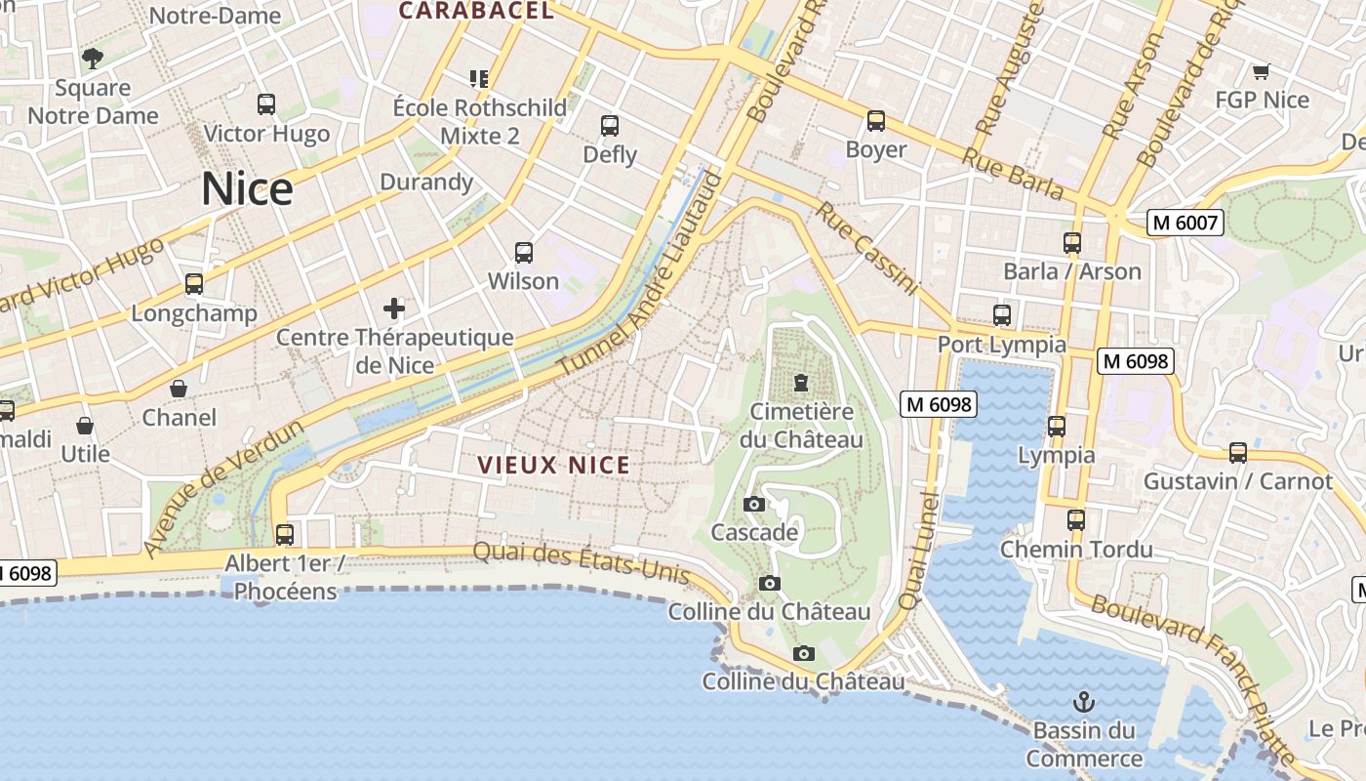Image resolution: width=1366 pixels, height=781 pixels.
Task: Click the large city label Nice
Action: (247, 188)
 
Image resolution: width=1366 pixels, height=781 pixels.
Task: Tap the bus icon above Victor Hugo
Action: (266, 104)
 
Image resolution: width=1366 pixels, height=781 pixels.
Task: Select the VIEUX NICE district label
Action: (553, 466)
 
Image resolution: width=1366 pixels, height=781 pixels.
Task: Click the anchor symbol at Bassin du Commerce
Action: (1083, 701)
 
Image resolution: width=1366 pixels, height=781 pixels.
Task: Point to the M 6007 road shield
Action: (1185, 223)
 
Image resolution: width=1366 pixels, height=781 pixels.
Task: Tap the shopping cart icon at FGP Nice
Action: (1261, 71)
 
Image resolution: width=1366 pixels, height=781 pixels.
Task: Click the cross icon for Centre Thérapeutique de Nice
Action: (394, 309)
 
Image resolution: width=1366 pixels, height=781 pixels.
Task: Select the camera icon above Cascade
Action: (754, 505)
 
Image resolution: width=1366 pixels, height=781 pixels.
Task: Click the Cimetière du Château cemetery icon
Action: (801, 383)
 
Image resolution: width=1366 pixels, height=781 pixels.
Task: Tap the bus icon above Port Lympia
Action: (1002, 315)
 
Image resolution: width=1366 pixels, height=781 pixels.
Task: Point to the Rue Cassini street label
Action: (867, 249)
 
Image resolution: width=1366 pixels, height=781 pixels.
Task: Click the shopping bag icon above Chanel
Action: (179, 389)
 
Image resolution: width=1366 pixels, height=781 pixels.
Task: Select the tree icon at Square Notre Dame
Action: (93, 59)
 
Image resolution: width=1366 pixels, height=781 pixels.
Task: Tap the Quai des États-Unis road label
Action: (582, 564)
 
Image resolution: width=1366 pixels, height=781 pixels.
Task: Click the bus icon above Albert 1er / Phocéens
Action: (284, 534)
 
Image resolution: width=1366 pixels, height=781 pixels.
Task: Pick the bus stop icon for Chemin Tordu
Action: (1076, 520)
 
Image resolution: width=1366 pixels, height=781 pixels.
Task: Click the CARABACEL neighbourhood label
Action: (476, 12)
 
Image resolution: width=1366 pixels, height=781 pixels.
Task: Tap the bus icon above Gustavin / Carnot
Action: (1238, 453)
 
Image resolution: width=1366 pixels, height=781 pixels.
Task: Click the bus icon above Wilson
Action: (524, 253)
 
